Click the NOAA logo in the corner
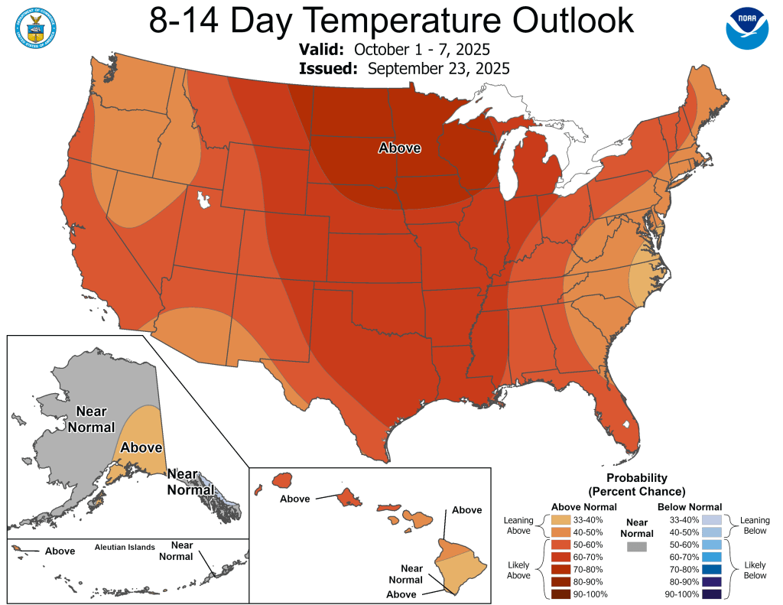coord(746,29)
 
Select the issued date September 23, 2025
coord(438,69)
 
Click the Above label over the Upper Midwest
coord(400,148)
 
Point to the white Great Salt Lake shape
coord(203,200)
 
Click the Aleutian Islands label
coord(125,547)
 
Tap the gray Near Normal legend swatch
coord(636,546)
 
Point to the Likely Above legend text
coord(518,569)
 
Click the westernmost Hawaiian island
coord(259,487)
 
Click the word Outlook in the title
coord(557,21)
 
